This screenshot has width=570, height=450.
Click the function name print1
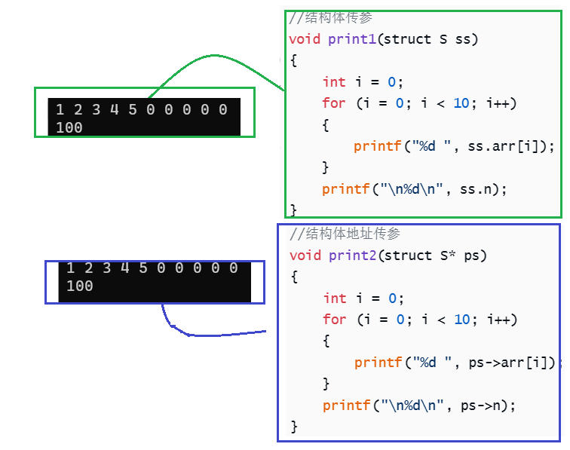coord(352,39)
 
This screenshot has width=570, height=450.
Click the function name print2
coord(353,256)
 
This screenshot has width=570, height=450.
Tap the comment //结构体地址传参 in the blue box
coord(345,234)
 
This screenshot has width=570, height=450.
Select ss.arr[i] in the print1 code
coord(510,146)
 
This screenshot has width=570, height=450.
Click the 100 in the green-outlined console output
coord(69,127)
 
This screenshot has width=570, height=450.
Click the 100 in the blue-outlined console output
coord(79,286)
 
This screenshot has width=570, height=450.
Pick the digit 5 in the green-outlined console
coord(133,110)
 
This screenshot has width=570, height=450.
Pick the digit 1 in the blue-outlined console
coord(70,268)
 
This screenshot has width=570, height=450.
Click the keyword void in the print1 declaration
coord(305,39)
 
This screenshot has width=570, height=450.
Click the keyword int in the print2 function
coord(335,298)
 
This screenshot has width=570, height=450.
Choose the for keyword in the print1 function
coord(333,103)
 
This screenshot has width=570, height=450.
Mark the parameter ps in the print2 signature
coord(472,256)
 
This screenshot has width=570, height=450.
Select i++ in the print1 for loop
coord(498,103)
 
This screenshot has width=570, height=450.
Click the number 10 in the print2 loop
coord(462,320)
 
